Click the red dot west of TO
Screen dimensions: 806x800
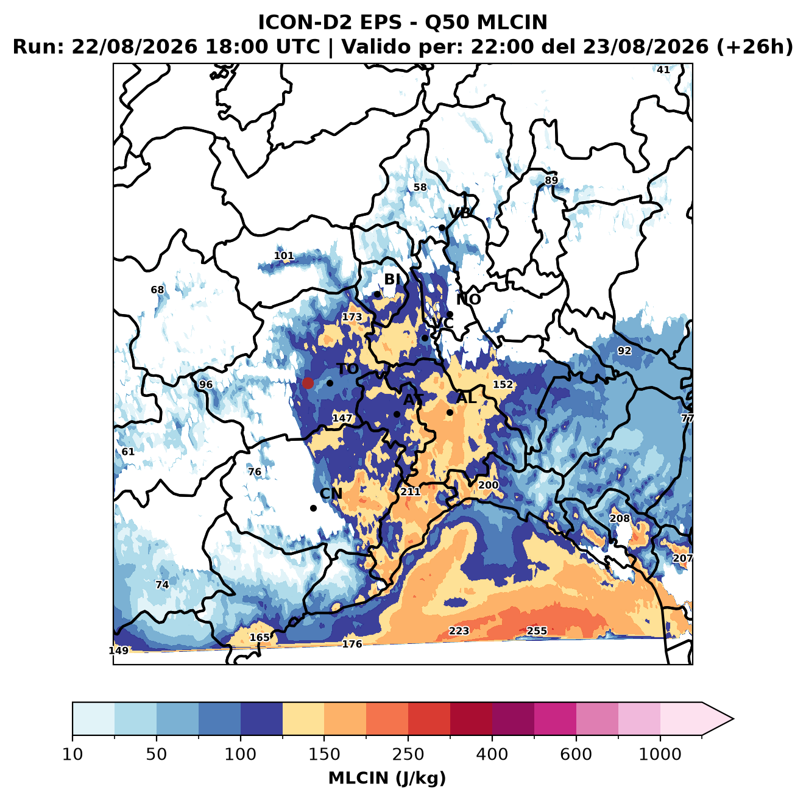point(308,383)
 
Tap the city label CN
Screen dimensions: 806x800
point(331,494)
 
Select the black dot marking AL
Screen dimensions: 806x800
point(450,412)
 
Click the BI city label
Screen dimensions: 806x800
point(392,279)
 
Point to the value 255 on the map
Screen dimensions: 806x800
point(537,630)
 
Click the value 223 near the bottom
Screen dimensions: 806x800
point(459,630)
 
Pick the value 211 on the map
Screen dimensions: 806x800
point(411,491)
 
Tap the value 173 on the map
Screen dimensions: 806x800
point(352,317)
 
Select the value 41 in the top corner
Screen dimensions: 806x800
point(663,70)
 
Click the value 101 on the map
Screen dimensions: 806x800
point(284,255)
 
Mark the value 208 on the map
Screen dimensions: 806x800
point(620,518)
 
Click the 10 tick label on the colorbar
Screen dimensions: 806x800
point(72,754)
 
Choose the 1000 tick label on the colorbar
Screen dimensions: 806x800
point(660,754)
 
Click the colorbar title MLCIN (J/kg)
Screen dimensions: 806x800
point(387,778)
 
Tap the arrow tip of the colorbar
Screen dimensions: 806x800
point(733,719)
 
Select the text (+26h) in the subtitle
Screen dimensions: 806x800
point(755,46)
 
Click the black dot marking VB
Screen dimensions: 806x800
point(442,227)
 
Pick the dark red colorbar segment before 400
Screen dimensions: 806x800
point(471,719)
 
